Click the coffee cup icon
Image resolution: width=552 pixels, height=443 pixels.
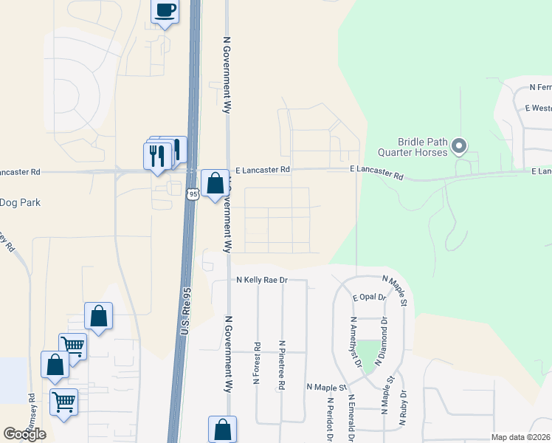(165, 12)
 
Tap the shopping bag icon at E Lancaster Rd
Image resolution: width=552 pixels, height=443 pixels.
(214, 183)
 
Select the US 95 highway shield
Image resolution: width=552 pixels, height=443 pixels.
(192, 194)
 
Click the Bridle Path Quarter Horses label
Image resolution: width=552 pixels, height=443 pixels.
(422, 147)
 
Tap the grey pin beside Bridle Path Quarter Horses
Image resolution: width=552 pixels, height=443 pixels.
(459, 145)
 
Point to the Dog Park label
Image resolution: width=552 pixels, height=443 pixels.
(21, 202)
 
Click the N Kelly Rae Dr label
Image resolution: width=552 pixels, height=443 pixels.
(261, 280)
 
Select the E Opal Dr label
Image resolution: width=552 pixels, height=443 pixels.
(369, 297)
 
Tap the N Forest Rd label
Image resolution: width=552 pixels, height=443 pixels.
(257, 363)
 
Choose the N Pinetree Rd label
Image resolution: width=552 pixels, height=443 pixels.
(282, 365)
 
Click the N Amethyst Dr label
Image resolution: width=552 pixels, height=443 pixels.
(354, 340)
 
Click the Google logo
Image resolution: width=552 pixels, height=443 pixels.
(24, 433)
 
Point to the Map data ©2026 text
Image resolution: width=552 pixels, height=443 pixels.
(521, 437)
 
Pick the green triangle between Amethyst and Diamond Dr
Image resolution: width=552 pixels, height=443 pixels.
(370, 352)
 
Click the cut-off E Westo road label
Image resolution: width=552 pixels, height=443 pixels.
(537, 108)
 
